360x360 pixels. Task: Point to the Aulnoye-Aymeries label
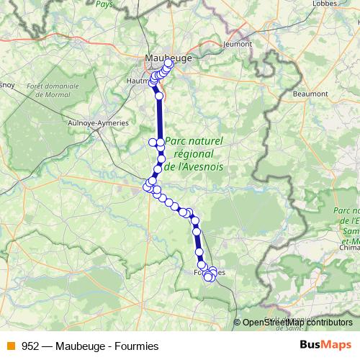click(97, 123)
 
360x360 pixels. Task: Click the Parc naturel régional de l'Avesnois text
click(194, 153)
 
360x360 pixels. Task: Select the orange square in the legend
click(10, 346)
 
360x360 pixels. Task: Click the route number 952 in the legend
click(31, 346)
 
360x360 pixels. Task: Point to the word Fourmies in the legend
click(137, 346)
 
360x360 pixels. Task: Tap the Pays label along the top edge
click(104, 3)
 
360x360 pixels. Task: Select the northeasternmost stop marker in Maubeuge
click(169, 63)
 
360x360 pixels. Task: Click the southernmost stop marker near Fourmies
click(209, 278)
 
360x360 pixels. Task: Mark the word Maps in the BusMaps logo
click(335, 345)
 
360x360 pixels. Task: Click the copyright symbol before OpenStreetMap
click(238, 323)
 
